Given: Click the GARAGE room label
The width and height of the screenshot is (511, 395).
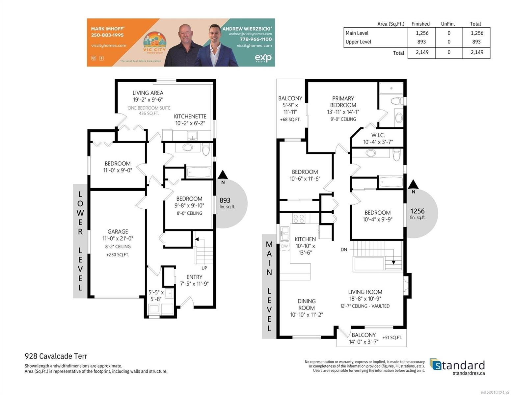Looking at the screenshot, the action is coord(118,231).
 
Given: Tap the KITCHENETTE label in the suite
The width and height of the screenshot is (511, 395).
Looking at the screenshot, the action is coord(190,116).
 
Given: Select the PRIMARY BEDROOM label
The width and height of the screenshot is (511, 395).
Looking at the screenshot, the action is coord(343,101).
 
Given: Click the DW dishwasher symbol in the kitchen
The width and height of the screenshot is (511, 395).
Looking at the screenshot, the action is coord(284,246).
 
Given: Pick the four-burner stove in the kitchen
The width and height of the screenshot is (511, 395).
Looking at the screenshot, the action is coord(299,218).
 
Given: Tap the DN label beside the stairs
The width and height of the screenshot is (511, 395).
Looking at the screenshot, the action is coord(344,250).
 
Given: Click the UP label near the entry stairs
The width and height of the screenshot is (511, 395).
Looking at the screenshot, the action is coord(204,268).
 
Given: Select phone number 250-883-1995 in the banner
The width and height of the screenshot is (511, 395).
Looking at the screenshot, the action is coord(107,35).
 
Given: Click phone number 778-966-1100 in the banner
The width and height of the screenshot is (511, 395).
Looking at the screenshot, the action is coord(255,39).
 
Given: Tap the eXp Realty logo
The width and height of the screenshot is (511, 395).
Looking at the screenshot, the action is coord(263,58).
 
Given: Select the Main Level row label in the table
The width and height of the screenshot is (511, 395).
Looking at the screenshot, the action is coord(357,33).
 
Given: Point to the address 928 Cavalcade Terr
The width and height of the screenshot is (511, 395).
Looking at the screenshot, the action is coord(56,356).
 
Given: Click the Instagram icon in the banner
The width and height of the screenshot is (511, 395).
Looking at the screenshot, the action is coord(94,58).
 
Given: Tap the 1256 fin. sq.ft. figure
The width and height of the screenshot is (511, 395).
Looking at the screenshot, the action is coord(417,214).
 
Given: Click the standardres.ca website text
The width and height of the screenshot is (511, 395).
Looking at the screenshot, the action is coord(469,373).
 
